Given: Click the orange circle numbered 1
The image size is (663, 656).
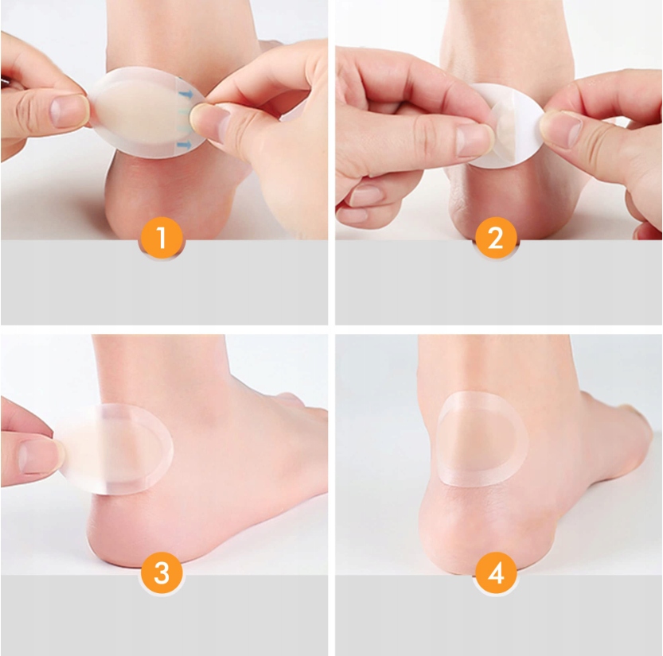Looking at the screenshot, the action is [x=161, y=238].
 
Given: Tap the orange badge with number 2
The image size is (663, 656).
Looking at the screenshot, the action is [x=496, y=238].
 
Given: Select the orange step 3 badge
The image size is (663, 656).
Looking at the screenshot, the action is [x=161, y=573].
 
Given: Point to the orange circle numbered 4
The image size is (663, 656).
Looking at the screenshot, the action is [x=496, y=573].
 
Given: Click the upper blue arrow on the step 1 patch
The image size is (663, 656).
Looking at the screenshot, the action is [x=185, y=94].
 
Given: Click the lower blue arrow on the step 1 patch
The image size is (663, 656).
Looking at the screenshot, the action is [x=185, y=146].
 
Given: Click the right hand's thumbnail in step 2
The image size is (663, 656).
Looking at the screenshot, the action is [x=560, y=129].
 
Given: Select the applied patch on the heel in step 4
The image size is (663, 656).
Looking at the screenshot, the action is [x=482, y=438].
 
